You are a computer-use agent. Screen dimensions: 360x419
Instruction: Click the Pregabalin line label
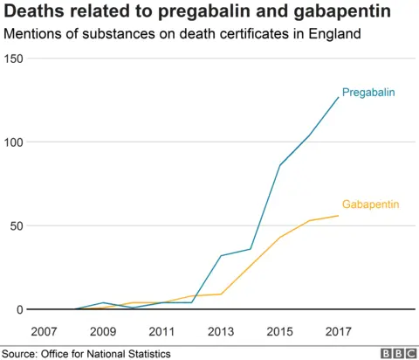click(368, 92)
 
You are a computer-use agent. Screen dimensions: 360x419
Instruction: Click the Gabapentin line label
click(370, 204)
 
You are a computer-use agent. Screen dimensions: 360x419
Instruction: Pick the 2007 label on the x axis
click(44, 332)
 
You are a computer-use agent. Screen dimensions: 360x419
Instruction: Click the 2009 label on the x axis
click(103, 332)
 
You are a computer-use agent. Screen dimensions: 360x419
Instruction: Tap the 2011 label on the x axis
click(161, 332)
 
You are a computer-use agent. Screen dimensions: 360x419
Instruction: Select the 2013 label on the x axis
click(221, 332)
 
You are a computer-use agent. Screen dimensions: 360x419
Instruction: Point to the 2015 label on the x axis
click(279, 332)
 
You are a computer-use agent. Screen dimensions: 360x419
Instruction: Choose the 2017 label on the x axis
click(338, 332)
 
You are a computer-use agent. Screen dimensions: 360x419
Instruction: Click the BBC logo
click(397, 353)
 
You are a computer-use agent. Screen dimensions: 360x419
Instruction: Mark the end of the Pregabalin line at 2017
click(338, 97)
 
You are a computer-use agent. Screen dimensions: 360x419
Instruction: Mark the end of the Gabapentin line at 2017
click(338, 216)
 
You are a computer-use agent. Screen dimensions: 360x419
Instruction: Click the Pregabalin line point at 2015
click(279, 165)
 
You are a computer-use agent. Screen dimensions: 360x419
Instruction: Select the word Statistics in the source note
click(144, 353)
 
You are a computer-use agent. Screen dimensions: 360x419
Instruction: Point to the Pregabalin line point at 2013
click(221, 256)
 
